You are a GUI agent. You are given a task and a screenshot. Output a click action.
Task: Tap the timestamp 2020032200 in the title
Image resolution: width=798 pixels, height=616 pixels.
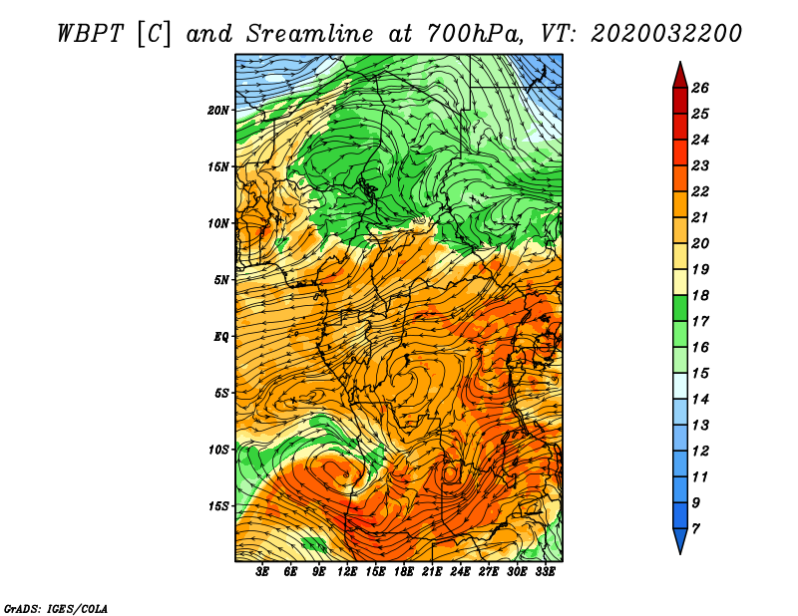click(x=665, y=32)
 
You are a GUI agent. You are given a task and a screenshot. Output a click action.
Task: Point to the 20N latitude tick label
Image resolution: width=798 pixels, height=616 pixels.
click(x=218, y=110)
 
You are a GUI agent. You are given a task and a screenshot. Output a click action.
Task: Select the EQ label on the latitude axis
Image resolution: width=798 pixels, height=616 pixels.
click(x=221, y=336)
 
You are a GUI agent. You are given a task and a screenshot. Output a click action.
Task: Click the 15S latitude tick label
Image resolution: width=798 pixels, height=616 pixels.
click(x=218, y=505)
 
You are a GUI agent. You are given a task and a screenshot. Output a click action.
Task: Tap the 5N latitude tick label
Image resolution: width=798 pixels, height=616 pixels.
click(x=221, y=279)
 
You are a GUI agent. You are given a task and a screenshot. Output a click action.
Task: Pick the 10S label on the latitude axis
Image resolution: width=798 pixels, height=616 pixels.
click(x=218, y=449)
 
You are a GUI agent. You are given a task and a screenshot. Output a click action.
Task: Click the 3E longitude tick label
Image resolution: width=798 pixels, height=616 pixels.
click(x=263, y=572)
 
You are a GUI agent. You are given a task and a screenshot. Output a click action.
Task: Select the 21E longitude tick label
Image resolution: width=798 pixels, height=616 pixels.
click(x=432, y=572)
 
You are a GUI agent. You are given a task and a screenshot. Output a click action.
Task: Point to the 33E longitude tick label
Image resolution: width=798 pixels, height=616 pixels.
click(x=545, y=572)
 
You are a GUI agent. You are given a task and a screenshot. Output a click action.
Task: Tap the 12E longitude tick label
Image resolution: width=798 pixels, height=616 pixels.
click(x=347, y=572)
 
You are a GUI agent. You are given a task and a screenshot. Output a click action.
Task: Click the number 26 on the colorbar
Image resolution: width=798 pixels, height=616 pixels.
click(x=700, y=88)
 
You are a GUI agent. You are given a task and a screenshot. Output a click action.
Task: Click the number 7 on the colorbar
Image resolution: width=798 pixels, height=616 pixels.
click(x=696, y=528)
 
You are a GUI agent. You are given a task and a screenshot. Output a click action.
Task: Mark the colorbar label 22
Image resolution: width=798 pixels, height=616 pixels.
click(x=700, y=191)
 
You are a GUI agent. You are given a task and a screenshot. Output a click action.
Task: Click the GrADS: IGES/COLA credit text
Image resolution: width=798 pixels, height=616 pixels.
click(x=56, y=607)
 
